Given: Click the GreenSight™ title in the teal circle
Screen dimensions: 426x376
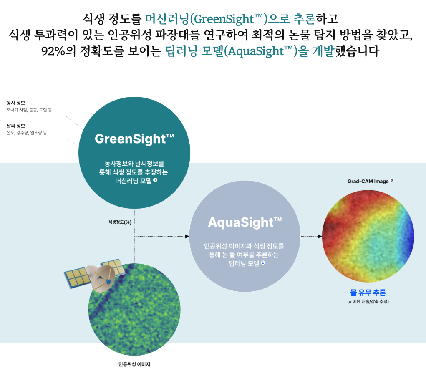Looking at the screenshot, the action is pos(134,139).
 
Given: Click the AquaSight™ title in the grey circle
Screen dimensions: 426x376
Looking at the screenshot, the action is pos(245,222).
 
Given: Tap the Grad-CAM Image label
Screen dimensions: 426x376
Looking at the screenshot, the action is pos(368,182).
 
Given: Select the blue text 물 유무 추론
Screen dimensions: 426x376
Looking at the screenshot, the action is pos(368,293).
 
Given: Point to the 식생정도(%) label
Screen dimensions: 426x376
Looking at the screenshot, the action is pos(120,222).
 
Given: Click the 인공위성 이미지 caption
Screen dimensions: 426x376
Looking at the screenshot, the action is pos(134,364).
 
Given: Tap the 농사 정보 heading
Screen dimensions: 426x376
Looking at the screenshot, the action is pos(16,103).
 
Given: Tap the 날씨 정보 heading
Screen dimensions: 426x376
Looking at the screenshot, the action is pos(16,126).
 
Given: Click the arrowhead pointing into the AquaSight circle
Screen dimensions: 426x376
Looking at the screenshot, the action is pos(187,236).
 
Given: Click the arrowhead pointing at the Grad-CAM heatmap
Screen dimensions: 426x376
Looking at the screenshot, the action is pos(320,236).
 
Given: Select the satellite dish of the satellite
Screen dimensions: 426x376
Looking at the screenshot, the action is pos(103,278).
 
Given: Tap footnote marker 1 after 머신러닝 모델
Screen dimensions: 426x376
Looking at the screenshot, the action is pos(155,180).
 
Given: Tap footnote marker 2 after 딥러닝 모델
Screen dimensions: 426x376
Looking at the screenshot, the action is pos(263,263).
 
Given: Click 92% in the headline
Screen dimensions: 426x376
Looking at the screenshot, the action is pos(53,51).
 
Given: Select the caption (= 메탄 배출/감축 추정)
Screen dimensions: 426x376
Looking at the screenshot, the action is pos(368,302).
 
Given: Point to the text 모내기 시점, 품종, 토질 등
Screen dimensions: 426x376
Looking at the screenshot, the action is pos(29,110).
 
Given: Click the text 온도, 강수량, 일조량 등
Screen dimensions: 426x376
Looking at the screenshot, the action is pos(27,133).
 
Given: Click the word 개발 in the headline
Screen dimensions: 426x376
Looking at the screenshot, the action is pos(323,51).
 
